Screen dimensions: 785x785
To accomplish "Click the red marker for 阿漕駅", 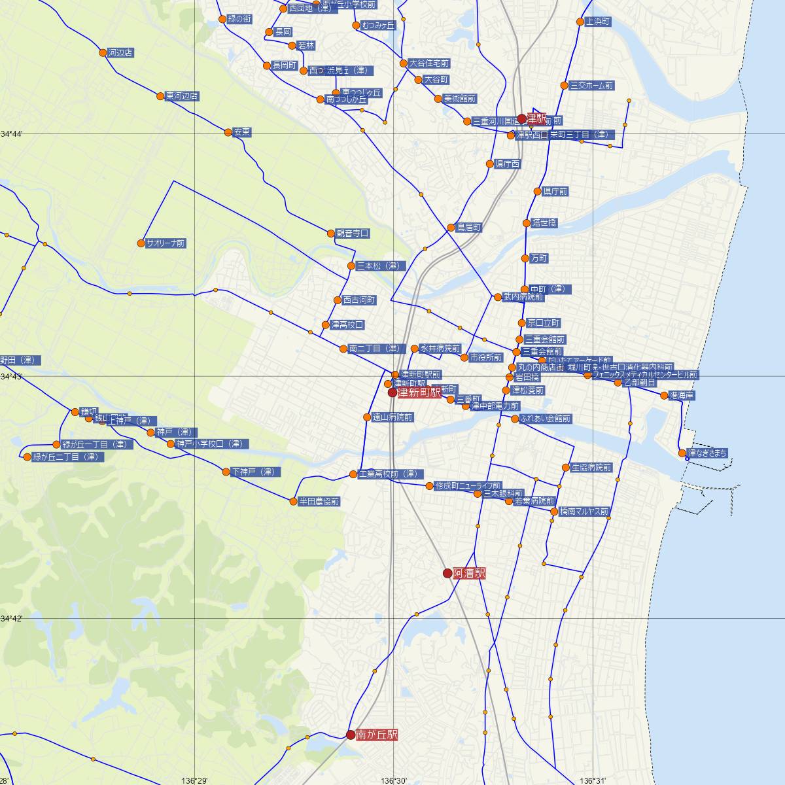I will click(x=447, y=573).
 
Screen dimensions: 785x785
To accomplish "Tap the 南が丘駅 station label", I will click(x=377, y=735).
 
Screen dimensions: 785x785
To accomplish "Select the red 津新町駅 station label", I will click(x=419, y=392).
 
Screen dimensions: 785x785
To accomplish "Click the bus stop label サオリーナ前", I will click(x=166, y=243).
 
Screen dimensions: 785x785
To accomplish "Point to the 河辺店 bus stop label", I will click(x=120, y=52).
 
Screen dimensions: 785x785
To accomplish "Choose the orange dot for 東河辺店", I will click(x=160, y=96).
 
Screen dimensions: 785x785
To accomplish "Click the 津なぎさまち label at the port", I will click(x=707, y=453).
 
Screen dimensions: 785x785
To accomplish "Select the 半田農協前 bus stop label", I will click(x=319, y=502).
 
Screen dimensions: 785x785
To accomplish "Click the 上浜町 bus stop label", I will click(x=598, y=22).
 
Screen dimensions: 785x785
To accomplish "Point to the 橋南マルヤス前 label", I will click(x=584, y=512).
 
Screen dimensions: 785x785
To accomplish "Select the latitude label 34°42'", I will click(x=11, y=618).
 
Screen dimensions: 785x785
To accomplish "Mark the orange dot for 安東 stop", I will click(x=228, y=132).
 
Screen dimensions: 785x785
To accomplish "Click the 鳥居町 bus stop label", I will click(x=469, y=228).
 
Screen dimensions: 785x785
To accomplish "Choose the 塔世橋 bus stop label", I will click(x=544, y=223).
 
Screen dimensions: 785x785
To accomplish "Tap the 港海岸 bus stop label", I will click(x=682, y=396).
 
